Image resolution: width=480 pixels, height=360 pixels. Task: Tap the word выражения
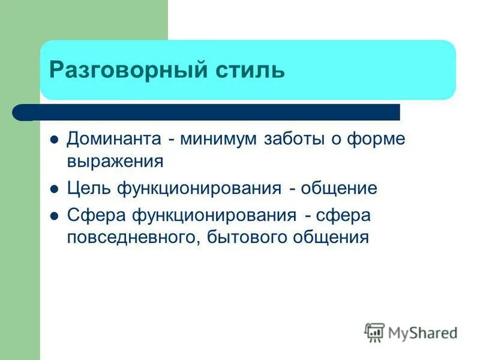tap(115, 161)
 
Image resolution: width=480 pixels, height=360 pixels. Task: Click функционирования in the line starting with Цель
tap(199, 188)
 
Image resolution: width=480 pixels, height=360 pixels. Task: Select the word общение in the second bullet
tap(339, 188)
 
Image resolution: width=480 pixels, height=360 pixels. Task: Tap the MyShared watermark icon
tap(374, 332)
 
